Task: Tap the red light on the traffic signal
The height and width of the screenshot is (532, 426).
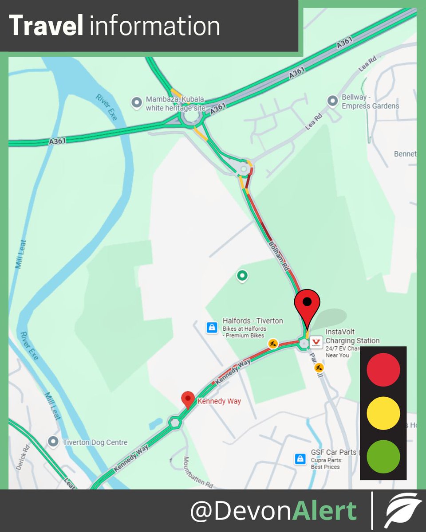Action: pos(383,369)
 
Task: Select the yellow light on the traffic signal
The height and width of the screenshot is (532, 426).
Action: pos(383,413)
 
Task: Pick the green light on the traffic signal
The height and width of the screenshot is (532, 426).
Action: pos(383,457)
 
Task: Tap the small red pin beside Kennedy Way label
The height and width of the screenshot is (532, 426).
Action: pos(188,399)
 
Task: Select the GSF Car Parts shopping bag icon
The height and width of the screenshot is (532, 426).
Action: pos(300,458)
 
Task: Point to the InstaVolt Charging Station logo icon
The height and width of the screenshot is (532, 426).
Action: pos(316,342)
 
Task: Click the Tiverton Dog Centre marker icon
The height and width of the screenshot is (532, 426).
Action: pos(54,442)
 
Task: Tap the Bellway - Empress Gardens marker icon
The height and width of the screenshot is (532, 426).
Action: pos(332,102)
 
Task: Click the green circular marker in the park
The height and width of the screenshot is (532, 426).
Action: pos(242,276)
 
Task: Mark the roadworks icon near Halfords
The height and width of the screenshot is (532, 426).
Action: pos(273,343)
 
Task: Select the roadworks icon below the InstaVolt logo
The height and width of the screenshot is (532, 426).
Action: pos(319,367)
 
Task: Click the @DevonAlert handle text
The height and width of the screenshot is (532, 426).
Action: pos(273,511)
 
